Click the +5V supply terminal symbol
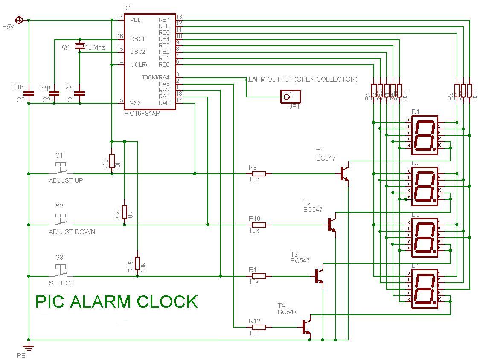(19, 20)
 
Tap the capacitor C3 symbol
(29, 93)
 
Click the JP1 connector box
(291, 97)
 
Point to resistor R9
(259, 174)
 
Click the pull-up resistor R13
(112, 161)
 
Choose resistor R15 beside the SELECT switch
(137, 263)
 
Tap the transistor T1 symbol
(345, 173)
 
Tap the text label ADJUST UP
(66, 181)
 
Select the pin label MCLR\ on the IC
(139, 64)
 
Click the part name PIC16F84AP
(142, 110)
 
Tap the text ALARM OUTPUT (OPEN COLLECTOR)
(301, 79)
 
